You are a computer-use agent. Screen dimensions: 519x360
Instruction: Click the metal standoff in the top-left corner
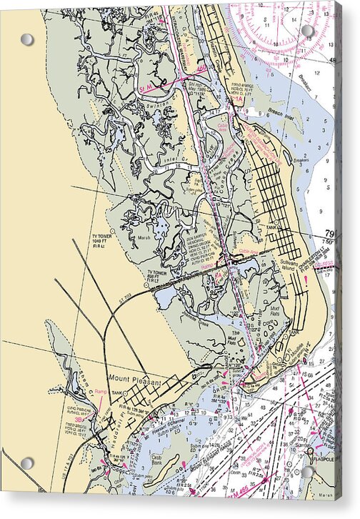click(x=26, y=39)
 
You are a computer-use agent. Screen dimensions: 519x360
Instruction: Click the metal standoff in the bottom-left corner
click(x=26, y=463)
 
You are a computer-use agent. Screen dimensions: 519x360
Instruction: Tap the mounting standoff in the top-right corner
click(x=308, y=31)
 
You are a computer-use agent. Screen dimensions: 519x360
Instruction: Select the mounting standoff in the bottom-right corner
click(x=309, y=473)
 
